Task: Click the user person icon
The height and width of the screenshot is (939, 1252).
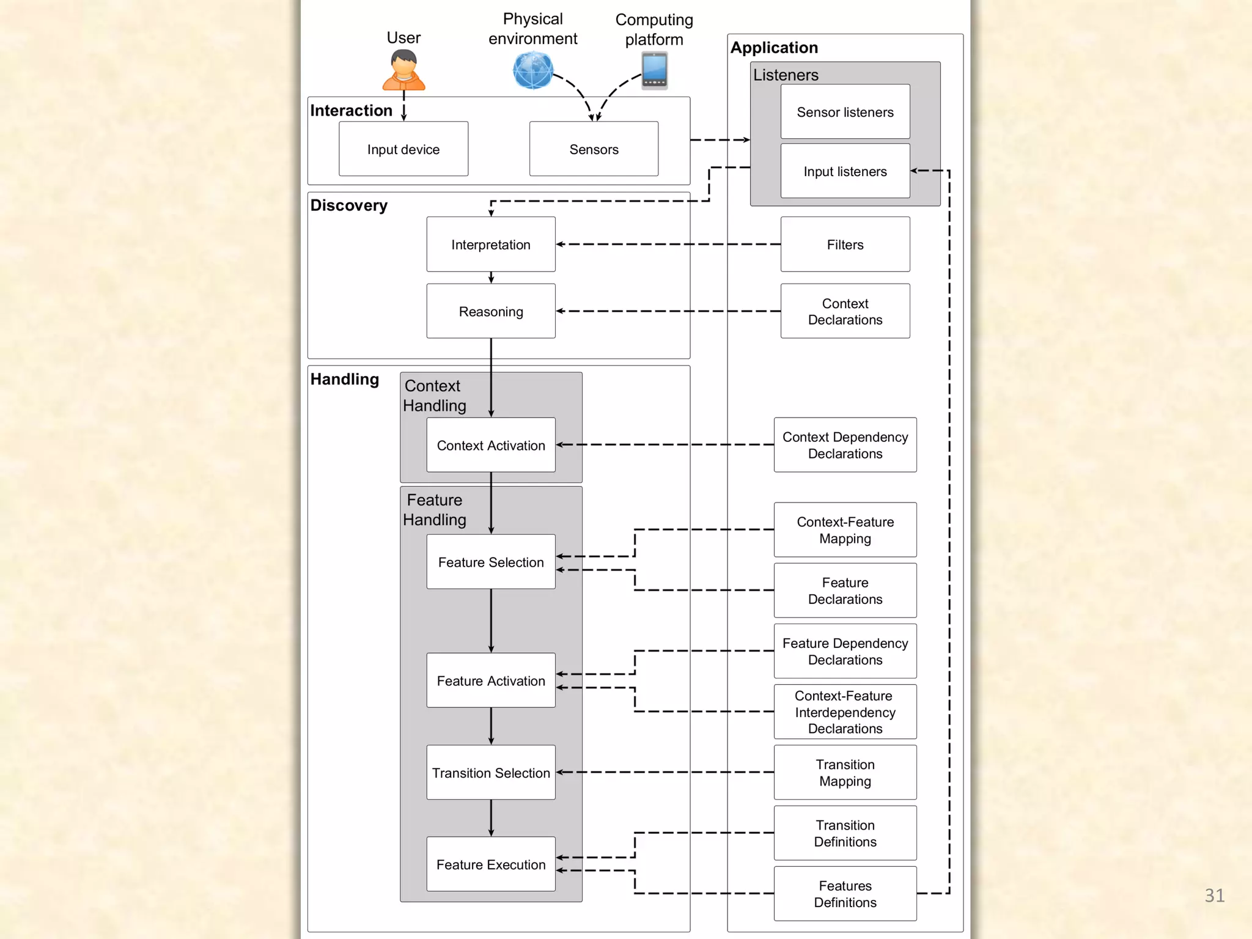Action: click(x=403, y=71)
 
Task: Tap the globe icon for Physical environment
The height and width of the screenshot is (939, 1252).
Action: click(x=533, y=70)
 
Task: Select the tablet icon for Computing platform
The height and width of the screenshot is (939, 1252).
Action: click(x=654, y=71)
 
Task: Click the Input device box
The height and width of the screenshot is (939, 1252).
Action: click(x=403, y=149)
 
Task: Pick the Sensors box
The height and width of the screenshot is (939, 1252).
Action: click(x=594, y=149)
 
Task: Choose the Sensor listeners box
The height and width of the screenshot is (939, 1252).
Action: click(x=845, y=112)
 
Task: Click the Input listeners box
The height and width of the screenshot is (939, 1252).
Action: click(x=845, y=171)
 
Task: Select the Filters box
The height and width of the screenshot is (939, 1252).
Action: click(x=845, y=245)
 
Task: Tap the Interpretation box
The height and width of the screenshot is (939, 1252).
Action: click(x=491, y=245)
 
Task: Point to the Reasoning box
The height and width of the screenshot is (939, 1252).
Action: click(x=491, y=311)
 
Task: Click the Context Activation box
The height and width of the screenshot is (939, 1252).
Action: click(x=491, y=445)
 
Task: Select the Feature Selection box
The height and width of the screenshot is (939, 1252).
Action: click(x=491, y=562)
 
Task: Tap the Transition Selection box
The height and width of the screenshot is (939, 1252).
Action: click(x=491, y=772)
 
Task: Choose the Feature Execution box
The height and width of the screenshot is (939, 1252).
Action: click(x=491, y=864)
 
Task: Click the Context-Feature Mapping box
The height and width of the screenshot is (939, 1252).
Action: click(x=845, y=530)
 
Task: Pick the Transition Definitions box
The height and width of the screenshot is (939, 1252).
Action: click(x=845, y=833)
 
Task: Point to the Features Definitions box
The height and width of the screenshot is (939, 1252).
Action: click(x=845, y=894)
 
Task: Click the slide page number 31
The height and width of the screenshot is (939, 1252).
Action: click(x=1214, y=895)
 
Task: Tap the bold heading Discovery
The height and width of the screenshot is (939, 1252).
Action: click(x=348, y=205)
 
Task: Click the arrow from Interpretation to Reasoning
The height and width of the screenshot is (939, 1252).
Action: click(x=491, y=278)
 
